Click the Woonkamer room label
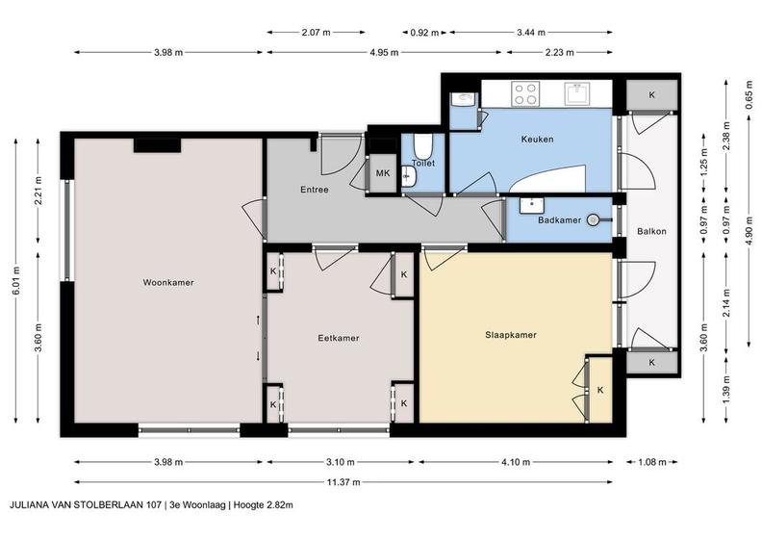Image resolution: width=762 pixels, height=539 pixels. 168,282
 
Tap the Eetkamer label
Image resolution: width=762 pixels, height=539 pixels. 339,338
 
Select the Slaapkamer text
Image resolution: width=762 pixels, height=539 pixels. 511,335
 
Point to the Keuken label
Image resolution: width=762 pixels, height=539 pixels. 537,139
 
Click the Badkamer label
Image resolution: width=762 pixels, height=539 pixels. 559,220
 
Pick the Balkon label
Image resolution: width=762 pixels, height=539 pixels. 651,231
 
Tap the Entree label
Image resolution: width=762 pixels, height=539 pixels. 315,190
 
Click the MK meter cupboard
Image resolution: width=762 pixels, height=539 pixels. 383,173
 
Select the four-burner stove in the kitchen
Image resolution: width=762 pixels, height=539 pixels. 526,93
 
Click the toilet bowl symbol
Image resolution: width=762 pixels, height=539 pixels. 422,144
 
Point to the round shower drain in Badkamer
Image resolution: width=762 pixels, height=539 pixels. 593,220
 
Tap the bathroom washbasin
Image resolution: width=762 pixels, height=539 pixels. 532,206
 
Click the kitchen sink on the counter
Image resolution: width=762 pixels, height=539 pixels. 577,93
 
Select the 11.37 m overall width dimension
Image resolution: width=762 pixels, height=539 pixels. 343,482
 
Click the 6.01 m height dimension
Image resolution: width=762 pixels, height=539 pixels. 16,281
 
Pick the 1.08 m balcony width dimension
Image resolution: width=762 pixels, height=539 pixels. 651,462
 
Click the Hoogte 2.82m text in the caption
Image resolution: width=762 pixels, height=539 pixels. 263,505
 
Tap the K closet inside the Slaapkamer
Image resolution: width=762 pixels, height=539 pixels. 600,390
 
